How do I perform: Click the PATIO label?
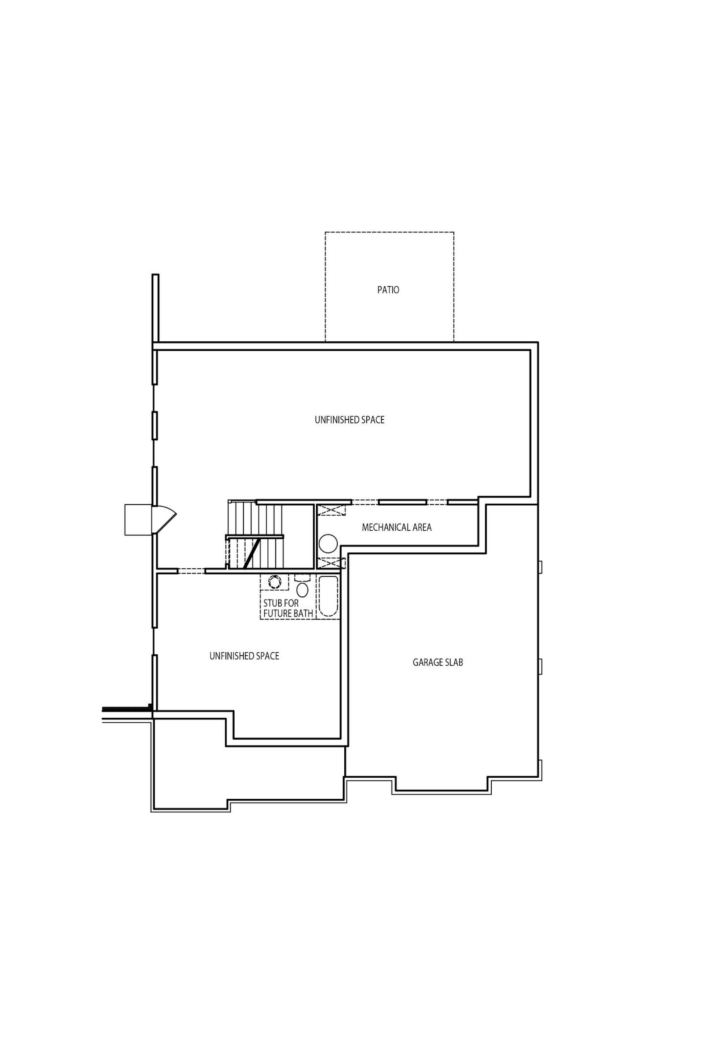click(x=388, y=290)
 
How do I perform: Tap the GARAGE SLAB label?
click(x=438, y=662)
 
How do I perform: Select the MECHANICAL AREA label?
click(x=397, y=528)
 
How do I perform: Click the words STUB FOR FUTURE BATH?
click(x=288, y=608)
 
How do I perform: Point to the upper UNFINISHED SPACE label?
click(x=350, y=420)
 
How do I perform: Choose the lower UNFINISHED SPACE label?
click(x=244, y=656)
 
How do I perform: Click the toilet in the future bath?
click(x=302, y=586)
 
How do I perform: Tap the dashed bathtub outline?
click(x=328, y=597)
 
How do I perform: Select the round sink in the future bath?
click(x=274, y=582)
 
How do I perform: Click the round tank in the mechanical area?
click(x=328, y=543)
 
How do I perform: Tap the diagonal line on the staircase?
click(x=251, y=554)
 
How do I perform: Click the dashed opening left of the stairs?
click(x=192, y=571)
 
